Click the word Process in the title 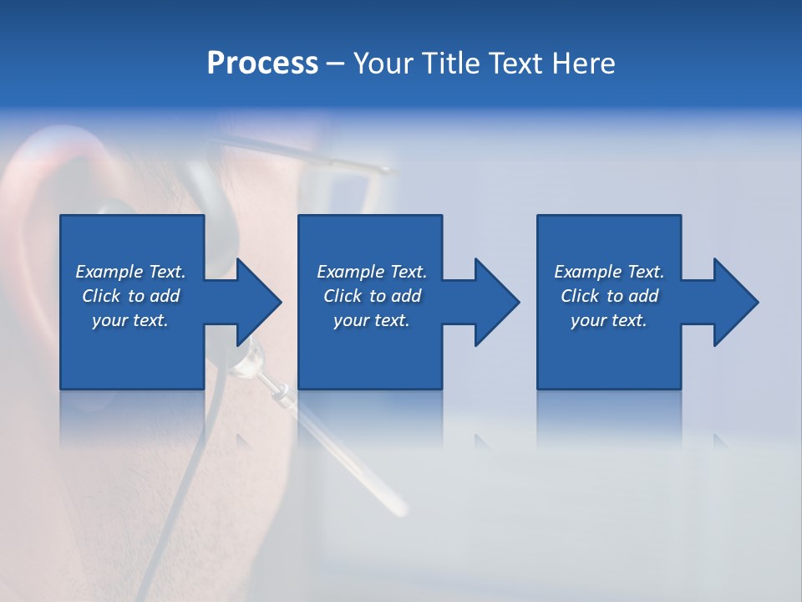[x=262, y=64]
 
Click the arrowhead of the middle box [x=496, y=302]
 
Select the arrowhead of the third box [x=735, y=302]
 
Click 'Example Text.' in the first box [x=130, y=272]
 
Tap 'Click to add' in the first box [x=130, y=296]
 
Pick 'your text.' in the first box [x=130, y=320]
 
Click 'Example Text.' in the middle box [x=372, y=272]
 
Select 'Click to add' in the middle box [x=372, y=296]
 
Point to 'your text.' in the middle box [x=372, y=320]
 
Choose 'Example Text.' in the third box [x=609, y=272]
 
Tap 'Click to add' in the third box [x=609, y=296]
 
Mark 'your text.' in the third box [x=609, y=320]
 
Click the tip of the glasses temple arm [x=388, y=171]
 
